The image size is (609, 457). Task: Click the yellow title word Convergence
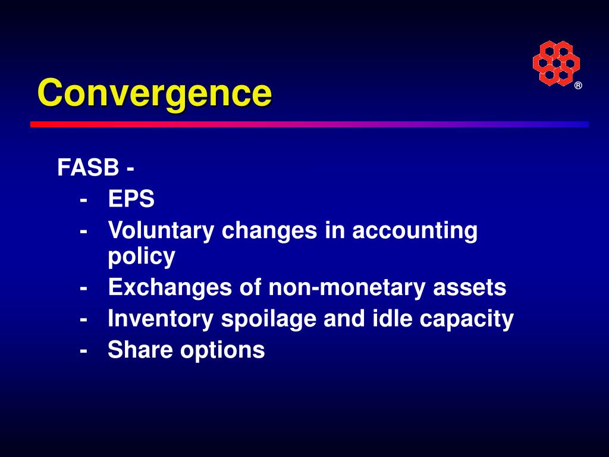point(155,93)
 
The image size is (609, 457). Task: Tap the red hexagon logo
point(556,63)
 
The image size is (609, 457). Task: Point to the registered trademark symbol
point(578,86)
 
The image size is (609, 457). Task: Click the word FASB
point(88,167)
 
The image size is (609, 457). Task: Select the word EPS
point(131,199)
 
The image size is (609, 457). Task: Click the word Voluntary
point(161,231)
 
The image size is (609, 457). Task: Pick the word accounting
point(415,231)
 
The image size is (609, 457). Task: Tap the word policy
point(142,257)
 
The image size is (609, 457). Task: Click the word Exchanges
point(170,289)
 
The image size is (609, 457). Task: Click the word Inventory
point(161,320)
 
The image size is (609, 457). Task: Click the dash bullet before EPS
point(83,201)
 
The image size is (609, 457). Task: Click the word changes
point(269,231)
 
